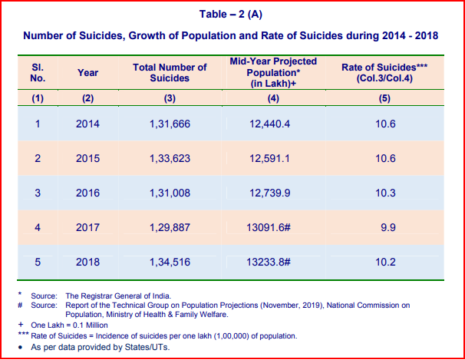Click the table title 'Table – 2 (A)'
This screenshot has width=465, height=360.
(231, 15)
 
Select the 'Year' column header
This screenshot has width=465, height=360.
(87, 73)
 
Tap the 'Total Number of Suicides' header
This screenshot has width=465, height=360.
(170, 73)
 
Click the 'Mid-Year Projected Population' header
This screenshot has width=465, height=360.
(273, 72)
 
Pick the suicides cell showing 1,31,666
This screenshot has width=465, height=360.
(170, 124)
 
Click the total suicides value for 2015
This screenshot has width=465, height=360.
(170, 158)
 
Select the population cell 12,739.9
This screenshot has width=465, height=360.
(269, 193)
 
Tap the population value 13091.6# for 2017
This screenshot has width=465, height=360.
(269, 227)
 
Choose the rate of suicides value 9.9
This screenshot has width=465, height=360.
(388, 227)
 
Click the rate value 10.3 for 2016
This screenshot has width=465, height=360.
(385, 193)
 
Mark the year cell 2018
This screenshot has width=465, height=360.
(87, 263)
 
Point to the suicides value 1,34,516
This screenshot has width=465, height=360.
(170, 263)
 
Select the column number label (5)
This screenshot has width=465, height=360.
(384, 98)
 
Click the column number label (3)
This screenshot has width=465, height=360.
(170, 98)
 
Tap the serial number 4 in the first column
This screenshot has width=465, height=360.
(38, 227)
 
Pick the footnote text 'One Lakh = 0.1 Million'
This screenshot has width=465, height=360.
(69, 325)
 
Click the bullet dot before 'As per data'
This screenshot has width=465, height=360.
(20, 347)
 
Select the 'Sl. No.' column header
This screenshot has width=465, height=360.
(38, 73)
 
